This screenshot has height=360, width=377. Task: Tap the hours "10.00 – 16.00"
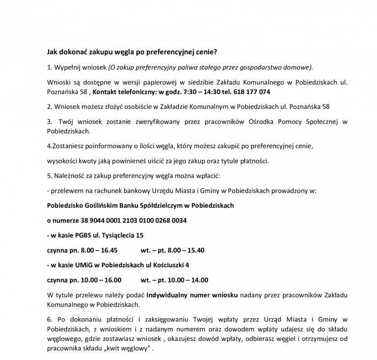coord(95,280)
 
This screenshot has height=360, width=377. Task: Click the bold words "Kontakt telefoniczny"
coord(123,92)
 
